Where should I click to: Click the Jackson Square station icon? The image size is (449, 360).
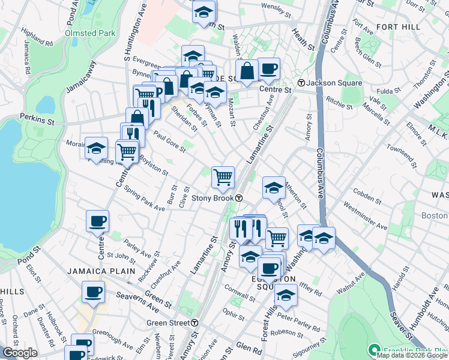coord(302,83)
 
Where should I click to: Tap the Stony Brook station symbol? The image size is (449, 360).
coord(238,198)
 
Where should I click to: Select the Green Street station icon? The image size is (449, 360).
coord(195,323)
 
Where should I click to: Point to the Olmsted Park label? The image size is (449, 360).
coord(89,33)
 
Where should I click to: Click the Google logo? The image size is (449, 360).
coord(20,353)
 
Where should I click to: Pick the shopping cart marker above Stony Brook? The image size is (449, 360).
coord(223,176)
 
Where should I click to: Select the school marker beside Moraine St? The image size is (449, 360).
coord(96,148)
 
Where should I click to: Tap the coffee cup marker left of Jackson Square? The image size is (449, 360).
coord(268,68)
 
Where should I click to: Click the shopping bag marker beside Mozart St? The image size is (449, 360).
coord(247,71)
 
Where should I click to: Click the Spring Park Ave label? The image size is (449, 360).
coord(144,199)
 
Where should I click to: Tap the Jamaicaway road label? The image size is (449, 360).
coord(80,75)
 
